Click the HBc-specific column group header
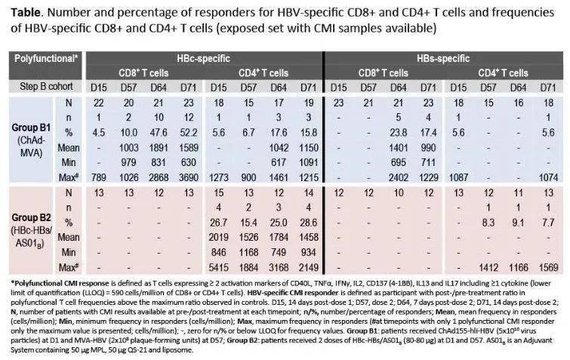point(204,57)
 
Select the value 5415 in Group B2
point(217,267)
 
